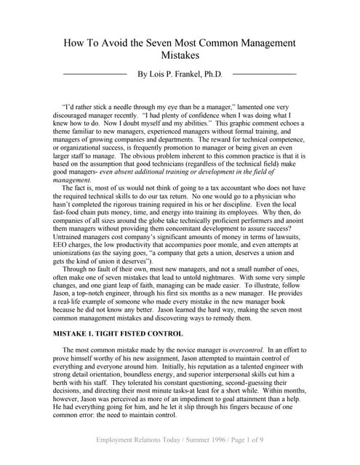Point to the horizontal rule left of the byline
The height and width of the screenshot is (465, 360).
95,74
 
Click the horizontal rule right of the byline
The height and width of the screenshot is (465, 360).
264,74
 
